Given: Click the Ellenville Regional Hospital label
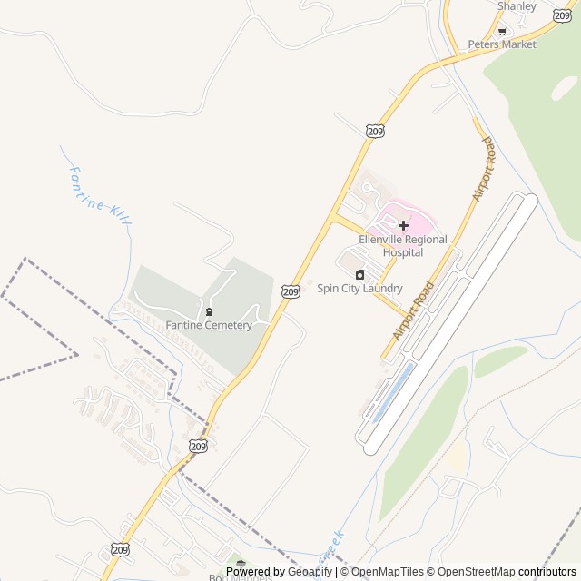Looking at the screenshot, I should (x=403, y=245).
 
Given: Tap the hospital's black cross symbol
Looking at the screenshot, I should (x=403, y=224).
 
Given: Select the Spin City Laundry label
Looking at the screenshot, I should (x=359, y=289).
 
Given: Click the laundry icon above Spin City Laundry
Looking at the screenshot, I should (x=359, y=274).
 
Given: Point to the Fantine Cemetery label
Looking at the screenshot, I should (x=209, y=325).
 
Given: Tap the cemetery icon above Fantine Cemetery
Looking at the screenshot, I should (x=209, y=311).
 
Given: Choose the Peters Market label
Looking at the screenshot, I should (x=502, y=44).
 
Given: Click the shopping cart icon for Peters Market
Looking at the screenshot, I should (x=502, y=31).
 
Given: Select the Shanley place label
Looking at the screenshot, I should (x=517, y=5).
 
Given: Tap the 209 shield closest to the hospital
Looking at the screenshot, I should (x=376, y=132).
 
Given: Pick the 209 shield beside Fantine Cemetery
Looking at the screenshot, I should (x=290, y=290).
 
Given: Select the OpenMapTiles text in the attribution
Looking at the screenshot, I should (x=388, y=572).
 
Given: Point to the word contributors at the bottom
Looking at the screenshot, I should (x=547, y=572).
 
